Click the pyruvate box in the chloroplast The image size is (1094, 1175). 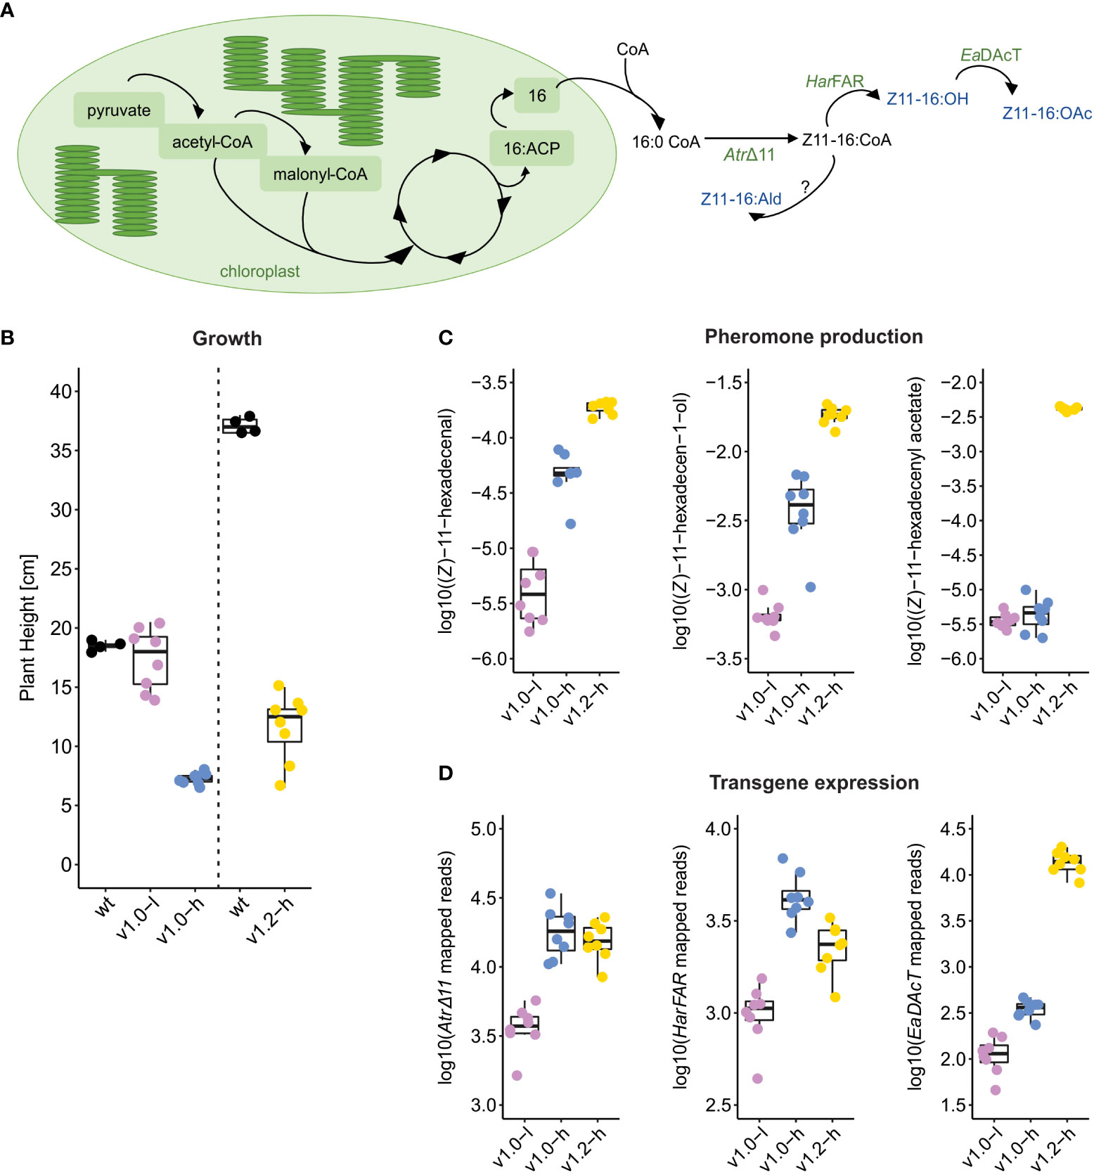coord(119,110)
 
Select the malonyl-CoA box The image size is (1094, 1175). coord(320,174)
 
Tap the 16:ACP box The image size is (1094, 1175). coord(532,148)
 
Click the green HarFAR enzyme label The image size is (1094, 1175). coord(835,82)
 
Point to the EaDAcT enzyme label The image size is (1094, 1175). coord(991,55)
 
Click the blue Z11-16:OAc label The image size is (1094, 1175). coord(1047,113)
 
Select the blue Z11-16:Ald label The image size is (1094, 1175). coord(741,199)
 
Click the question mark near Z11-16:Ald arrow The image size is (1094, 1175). coord(805,187)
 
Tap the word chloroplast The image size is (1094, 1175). coord(259,271)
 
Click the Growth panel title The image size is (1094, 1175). coord(227,338)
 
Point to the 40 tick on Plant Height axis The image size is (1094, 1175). coord(61,391)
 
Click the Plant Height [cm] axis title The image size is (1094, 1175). coord(27,627)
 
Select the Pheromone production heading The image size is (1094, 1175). coord(813,337)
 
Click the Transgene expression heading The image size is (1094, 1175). coord(813,783)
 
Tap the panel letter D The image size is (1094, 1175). coord(445,773)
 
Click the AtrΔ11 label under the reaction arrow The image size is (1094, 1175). coord(749,155)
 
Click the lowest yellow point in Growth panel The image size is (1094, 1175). coord(281,785)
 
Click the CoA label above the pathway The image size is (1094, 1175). coord(632,49)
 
